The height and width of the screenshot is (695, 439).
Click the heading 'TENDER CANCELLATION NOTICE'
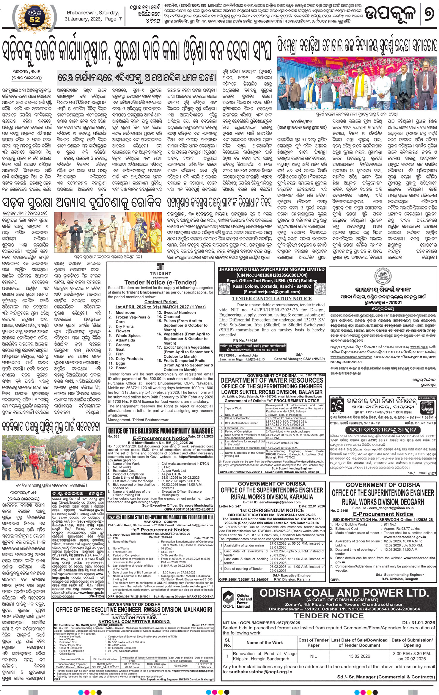pos(272,299)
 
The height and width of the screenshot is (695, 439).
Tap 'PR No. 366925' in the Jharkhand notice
pos(245,341)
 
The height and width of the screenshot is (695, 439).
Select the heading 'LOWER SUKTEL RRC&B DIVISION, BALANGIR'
pos(272,392)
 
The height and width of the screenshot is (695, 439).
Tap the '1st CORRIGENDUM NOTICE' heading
pos(272,510)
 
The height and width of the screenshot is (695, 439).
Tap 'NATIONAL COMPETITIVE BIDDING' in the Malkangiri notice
pos(134,621)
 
